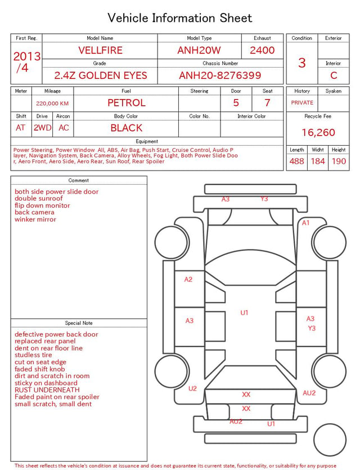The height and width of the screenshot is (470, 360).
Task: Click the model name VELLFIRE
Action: [x=100, y=50]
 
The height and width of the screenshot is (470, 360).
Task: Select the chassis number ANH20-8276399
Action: [x=220, y=75]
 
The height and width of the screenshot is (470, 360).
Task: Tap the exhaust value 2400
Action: [x=262, y=50]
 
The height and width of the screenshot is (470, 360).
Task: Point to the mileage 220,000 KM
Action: [x=52, y=104]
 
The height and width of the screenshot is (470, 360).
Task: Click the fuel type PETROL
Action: [x=127, y=103]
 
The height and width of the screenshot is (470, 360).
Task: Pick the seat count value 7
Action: [x=267, y=103]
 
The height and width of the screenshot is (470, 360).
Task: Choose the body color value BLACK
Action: [x=127, y=128]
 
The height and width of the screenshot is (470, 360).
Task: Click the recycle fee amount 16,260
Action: [x=318, y=132]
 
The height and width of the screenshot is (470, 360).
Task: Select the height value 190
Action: [x=339, y=161]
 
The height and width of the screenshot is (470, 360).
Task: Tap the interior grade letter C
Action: [x=334, y=75]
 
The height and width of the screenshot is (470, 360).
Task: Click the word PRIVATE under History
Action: [x=302, y=103]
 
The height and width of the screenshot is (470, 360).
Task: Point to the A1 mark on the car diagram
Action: [x=305, y=223]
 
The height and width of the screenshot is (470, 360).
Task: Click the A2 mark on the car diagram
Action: [x=188, y=279]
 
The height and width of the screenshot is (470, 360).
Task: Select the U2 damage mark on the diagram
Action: [x=192, y=388]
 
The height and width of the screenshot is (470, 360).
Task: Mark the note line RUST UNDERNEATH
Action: [x=47, y=390]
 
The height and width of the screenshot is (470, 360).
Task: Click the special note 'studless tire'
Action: [x=33, y=355]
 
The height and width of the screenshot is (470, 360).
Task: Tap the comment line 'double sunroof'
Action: [x=39, y=199]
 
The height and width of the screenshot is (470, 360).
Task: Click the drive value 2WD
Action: [x=42, y=128]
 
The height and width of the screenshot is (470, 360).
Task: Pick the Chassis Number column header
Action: [x=220, y=63]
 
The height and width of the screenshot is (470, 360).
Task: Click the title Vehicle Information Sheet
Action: [x=179, y=18]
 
